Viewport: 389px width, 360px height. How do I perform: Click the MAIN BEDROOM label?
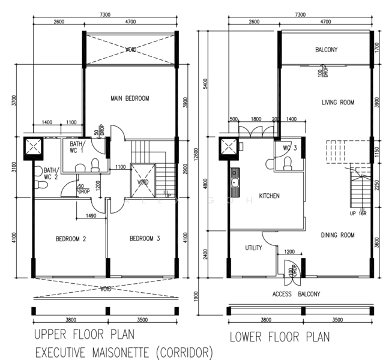tap(130, 98)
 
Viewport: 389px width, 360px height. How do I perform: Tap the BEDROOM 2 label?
tap(71, 239)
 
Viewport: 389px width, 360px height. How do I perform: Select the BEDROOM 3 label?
tap(145, 239)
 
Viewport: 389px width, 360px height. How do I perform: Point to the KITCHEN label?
tap(269, 196)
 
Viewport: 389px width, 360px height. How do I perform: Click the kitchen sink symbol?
tap(235, 183)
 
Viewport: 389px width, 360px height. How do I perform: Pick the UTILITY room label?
tap(253, 248)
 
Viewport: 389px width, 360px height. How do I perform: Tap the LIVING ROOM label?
tap(338, 103)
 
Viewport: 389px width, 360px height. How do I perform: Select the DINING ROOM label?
tap(337, 235)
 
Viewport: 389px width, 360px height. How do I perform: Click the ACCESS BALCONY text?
tap(296, 294)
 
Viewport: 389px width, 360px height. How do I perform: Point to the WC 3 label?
tap(290, 148)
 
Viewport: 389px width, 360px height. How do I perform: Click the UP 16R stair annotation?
tap(358, 213)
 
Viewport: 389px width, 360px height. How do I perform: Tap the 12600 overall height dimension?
tap(196, 154)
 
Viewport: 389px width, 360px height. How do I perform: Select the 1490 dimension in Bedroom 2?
tap(91, 216)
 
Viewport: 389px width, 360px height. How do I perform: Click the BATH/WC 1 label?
tap(77, 147)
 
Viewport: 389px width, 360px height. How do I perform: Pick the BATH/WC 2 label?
tap(52, 173)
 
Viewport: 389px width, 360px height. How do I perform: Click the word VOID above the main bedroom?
tap(131, 50)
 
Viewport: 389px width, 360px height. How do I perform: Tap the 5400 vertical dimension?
tap(205, 84)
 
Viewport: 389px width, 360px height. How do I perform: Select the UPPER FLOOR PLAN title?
tap(84, 334)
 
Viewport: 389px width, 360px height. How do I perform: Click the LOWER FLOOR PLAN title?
tap(280, 337)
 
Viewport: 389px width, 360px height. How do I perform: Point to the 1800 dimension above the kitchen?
tap(256, 119)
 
